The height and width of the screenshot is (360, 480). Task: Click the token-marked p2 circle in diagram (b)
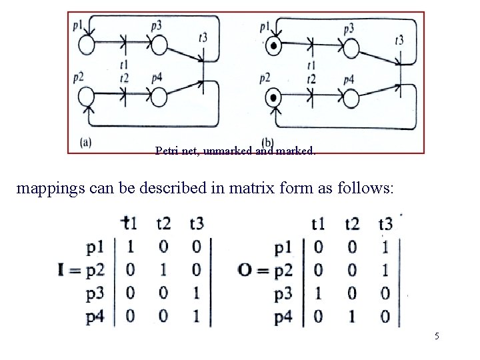(272, 98)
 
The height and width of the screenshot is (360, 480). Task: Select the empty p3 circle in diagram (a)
(158, 46)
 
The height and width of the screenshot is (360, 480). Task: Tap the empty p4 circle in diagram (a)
(158, 97)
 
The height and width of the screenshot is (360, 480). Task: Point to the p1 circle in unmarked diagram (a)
(86, 46)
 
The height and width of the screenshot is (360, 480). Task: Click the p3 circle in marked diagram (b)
(351, 48)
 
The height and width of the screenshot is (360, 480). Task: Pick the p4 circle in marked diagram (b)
(351, 98)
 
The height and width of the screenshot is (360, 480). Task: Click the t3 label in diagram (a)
(203, 37)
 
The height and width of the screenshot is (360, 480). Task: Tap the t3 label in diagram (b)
(399, 41)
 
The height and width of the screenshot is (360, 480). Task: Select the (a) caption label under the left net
(85, 142)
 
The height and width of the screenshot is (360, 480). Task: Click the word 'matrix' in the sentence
(275, 188)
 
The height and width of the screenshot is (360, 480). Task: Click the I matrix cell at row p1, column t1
(131, 247)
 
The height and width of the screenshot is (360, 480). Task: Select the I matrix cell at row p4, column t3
(196, 317)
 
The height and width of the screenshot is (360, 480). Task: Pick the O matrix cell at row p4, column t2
(352, 317)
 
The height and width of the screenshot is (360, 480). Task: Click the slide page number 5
(437, 336)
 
